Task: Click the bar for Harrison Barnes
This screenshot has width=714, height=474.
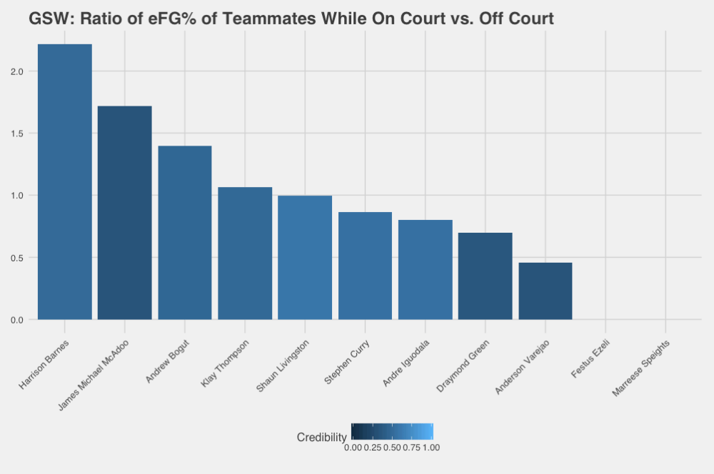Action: (64, 182)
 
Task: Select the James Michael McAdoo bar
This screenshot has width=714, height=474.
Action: (124, 213)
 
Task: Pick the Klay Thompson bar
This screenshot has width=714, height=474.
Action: (245, 253)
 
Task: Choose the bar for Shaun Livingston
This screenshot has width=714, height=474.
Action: (305, 258)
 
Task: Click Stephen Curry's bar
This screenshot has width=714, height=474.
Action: (365, 266)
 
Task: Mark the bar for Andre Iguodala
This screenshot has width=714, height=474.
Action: (426, 270)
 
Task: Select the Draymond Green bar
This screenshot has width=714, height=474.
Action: (486, 276)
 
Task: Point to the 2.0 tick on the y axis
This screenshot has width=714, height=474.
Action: (18, 71)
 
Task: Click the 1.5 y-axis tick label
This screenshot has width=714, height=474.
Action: (18, 133)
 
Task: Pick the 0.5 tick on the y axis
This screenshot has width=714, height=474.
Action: (18, 258)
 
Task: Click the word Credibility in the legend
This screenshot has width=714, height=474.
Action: (321, 437)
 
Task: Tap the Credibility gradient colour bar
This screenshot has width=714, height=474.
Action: (392, 432)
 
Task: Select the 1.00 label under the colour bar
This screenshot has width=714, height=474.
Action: (431, 448)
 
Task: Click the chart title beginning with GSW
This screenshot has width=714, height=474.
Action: (291, 19)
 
